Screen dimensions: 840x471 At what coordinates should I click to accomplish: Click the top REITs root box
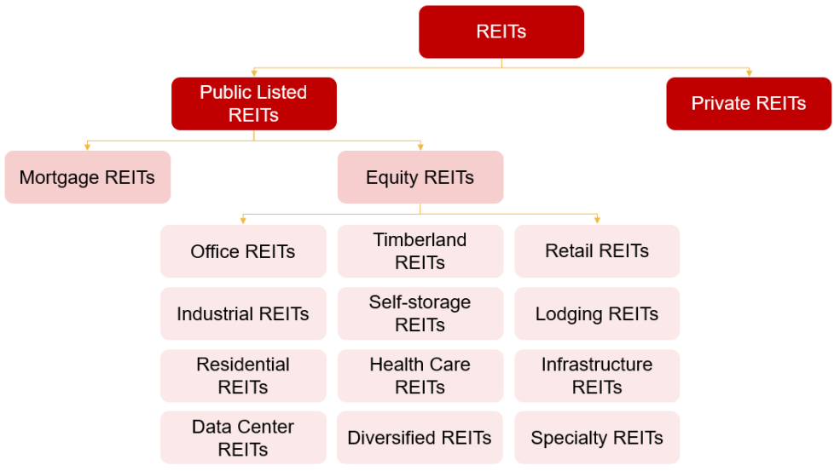click(501, 32)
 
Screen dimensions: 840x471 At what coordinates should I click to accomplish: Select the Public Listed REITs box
click(254, 104)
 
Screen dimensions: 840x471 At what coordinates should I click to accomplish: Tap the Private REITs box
click(749, 104)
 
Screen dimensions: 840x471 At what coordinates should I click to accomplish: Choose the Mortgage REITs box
click(87, 177)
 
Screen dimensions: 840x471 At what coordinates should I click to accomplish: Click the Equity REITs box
click(420, 177)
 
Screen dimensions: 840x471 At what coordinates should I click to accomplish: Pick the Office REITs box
click(243, 251)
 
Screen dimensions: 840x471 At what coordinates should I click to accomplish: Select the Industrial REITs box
click(243, 313)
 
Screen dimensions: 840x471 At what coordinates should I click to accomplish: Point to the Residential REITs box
click(243, 376)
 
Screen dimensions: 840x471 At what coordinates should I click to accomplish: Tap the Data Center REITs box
click(243, 438)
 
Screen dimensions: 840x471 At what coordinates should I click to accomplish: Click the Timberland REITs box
click(420, 251)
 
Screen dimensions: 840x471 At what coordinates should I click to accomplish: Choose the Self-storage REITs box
click(420, 313)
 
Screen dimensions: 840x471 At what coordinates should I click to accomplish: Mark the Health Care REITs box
click(420, 376)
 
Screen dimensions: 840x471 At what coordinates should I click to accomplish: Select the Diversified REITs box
click(420, 438)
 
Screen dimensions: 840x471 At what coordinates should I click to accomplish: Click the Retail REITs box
click(597, 251)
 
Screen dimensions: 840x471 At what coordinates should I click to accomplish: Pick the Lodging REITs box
click(597, 313)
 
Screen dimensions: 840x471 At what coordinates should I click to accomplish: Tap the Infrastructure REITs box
click(597, 376)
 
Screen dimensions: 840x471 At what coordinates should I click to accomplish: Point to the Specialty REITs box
click(597, 438)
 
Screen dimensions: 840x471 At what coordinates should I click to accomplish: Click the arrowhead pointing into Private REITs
click(749, 73)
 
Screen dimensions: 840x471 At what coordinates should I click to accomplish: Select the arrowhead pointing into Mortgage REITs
click(87, 146)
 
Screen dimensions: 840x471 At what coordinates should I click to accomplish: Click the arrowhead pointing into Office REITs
click(243, 221)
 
